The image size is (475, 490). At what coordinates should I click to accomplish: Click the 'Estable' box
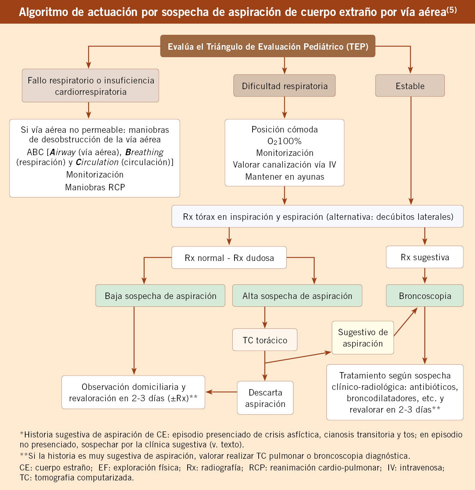click(410, 86)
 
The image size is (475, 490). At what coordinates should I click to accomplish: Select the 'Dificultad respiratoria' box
click(285, 86)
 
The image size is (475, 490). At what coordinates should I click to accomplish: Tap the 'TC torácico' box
click(265, 340)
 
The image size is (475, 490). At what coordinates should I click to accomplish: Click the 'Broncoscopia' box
click(425, 296)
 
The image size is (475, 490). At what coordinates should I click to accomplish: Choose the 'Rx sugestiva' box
click(425, 257)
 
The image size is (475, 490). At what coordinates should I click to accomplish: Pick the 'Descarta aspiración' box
click(265, 398)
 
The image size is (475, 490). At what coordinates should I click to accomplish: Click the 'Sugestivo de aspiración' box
click(363, 338)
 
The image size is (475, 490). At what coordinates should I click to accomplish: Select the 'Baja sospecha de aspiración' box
click(160, 296)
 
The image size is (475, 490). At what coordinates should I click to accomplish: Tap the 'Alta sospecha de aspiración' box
click(297, 296)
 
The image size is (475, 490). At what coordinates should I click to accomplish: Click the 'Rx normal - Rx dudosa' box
click(229, 257)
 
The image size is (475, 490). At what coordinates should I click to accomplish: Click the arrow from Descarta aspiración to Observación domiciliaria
click(221, 392)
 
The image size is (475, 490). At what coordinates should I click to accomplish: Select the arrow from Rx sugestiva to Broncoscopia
click(425, 276)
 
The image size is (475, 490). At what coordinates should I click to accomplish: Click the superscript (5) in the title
click(451, 10)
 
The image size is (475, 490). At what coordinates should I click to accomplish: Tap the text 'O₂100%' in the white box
click(285, 141)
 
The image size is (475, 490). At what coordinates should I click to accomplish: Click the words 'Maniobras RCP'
click(95, 187)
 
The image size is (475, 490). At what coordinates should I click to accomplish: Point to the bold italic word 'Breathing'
click(144, 152)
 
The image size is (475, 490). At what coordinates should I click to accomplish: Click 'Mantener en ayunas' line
click(285, 176)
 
